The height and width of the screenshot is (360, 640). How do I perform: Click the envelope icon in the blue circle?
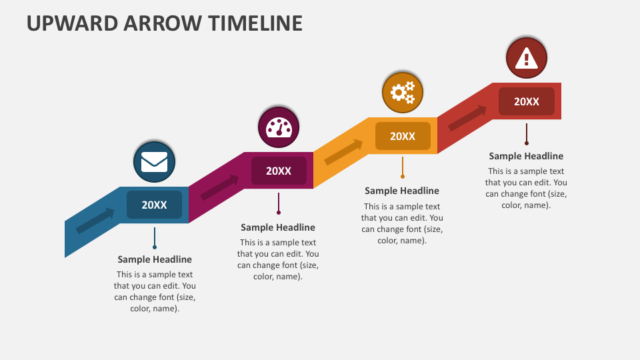[x=155, y=162]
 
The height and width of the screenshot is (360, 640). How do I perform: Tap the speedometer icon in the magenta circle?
[x=279, y=127]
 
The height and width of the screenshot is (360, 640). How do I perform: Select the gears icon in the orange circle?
[x=403, y=93]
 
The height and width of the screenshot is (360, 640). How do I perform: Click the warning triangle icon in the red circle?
[x=527, y=58]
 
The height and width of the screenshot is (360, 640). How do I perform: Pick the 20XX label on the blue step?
[x=155, y=205]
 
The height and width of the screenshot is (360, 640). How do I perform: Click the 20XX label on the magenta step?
[x=279, y=171]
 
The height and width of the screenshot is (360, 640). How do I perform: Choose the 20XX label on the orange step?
[x=403, y=136]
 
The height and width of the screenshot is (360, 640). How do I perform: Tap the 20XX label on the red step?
[x=527, y=101]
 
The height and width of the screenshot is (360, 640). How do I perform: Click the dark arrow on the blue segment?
[x=95, y=221]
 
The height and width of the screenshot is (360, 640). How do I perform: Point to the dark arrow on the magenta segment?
[x=219, y=187]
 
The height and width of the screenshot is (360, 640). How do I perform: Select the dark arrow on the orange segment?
[x=343, y=152]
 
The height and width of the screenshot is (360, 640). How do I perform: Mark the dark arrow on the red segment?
[x=467, y=118]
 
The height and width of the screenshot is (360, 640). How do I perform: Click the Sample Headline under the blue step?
[x=155, y=259]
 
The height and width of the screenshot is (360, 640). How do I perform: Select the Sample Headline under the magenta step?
[x=279, y=227]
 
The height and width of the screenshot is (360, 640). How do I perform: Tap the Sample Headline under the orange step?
[x=402, y=191]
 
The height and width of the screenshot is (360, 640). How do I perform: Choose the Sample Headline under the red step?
[x=526, y=156]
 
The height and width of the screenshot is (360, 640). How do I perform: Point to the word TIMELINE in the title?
[x=255, y=23]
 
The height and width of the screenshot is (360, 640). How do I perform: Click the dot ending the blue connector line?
[x=155, y=247]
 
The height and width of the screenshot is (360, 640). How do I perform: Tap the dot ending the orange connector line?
[x=403, y=177]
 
